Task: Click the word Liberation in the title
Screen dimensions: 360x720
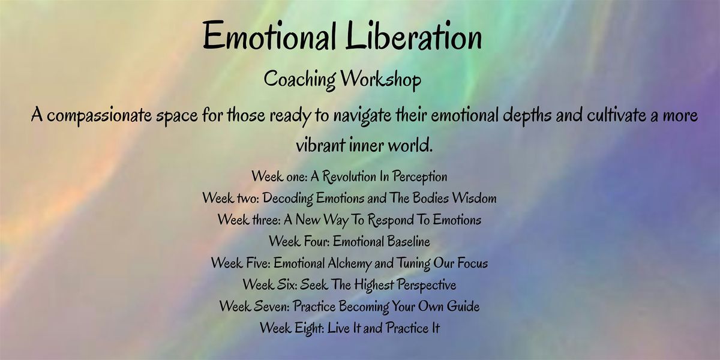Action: click(413, 37)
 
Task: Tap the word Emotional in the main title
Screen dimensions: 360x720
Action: click(273, 37)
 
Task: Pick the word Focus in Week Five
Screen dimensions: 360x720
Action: click(472, 263)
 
